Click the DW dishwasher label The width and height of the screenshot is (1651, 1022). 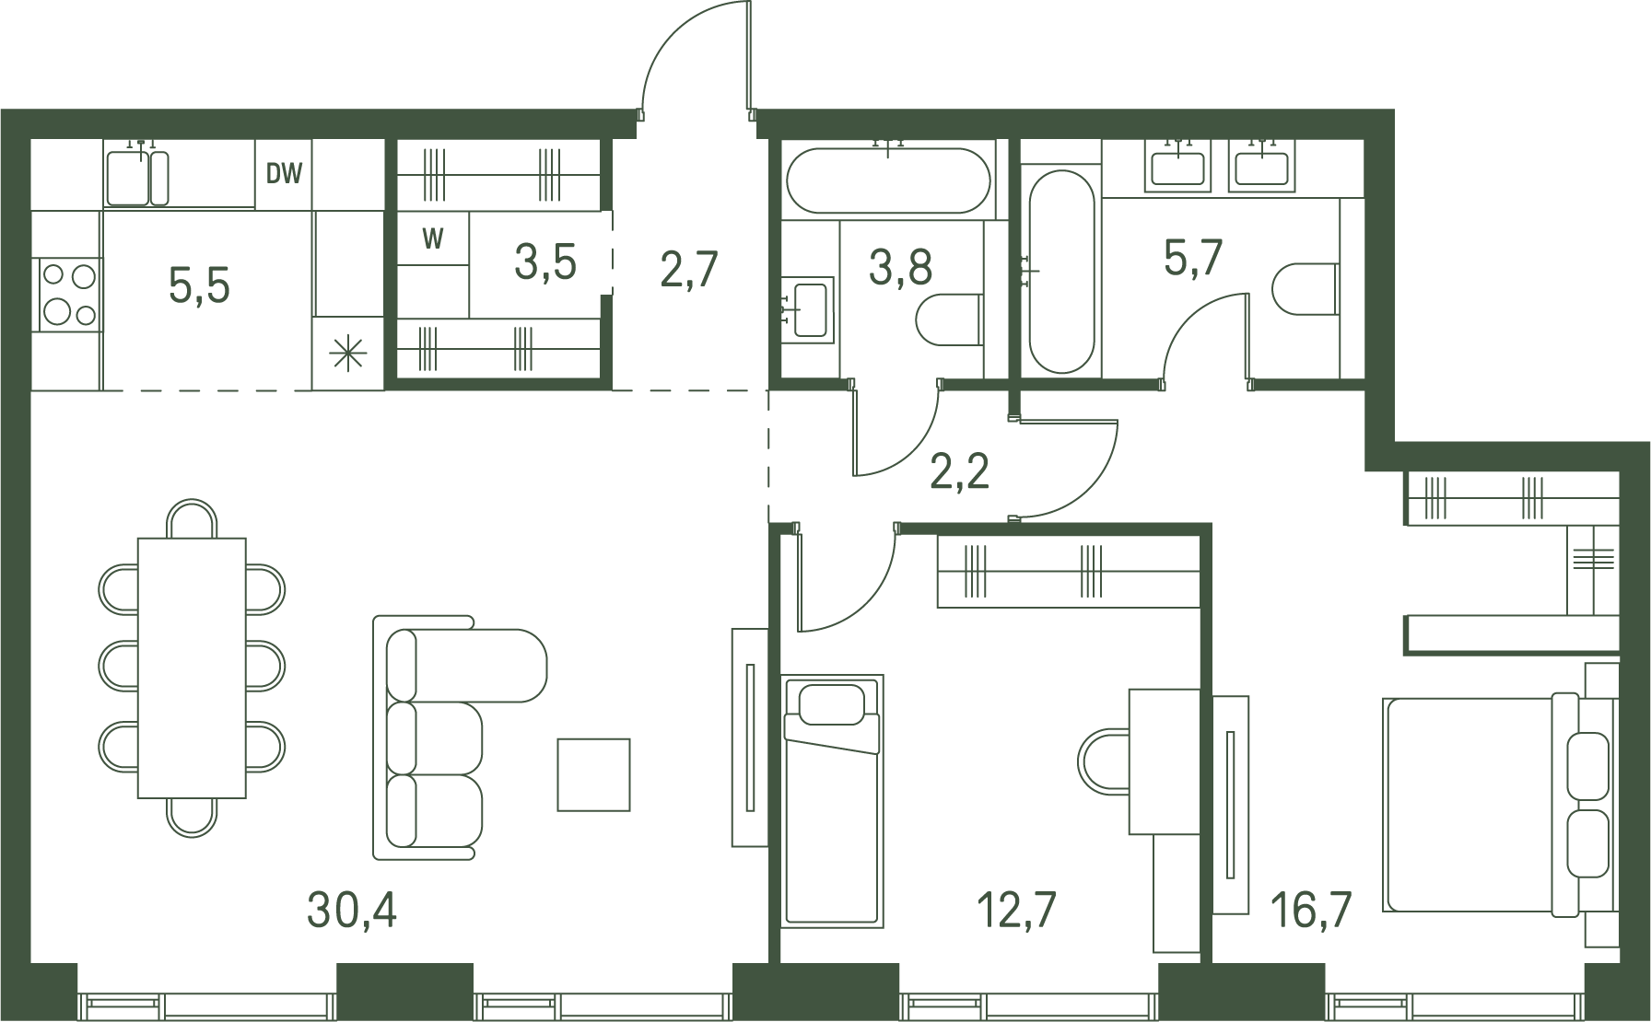click(x=284, y=173)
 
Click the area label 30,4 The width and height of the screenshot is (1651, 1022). click(x=352, y=911)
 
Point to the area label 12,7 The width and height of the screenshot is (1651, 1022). click(x=1015, y=911)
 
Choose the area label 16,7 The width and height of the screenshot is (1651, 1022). click(x=1311, y=911)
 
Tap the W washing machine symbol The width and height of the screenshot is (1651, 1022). click(x=433, y=238)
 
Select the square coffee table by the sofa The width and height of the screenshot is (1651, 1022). click(x=593, y=774)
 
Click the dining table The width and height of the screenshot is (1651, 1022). click(x=192, y=668)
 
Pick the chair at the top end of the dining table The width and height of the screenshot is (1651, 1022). click(x=192, y=518)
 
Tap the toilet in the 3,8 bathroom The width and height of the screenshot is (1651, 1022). click(x=950, y=319)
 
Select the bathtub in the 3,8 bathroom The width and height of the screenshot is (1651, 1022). click(x=888, y=181)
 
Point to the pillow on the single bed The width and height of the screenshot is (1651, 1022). click(x=831, y=704)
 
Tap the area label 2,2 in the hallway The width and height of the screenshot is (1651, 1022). click(x=959, y=471)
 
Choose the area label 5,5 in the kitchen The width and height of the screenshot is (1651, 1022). click(x=199, y=285)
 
